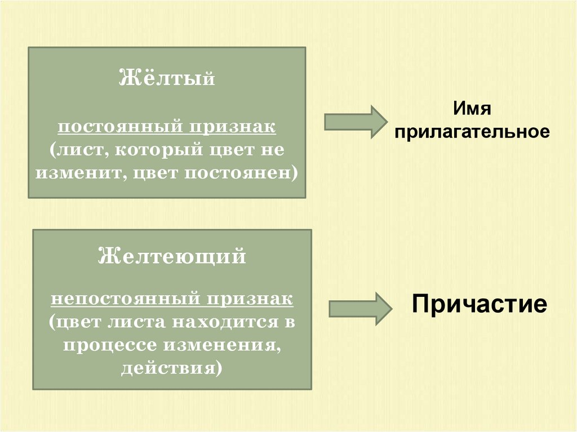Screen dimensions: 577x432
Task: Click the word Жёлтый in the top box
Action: pos(167,78)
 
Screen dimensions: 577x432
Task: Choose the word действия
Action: pos(171,368)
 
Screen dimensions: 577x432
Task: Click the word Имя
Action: pos(471,108)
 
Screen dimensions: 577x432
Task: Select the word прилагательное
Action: pos(471,132)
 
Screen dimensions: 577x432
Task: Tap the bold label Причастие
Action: pos(479,304)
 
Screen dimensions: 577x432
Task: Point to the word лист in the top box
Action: pos(73,150)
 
